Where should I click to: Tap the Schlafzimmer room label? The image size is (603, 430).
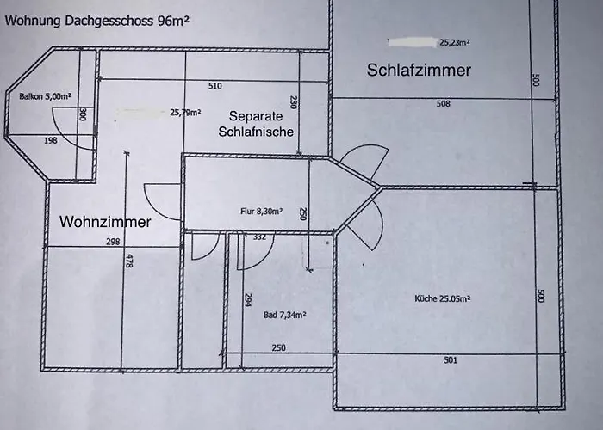click(x=419, y=71)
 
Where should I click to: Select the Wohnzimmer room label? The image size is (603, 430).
click(x=105, y=222)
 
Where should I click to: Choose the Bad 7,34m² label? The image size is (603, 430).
click(x=285, y=315)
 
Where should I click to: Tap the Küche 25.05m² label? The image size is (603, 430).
click(x=442, y=299)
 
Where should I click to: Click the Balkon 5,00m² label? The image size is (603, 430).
click(x=45, y=96)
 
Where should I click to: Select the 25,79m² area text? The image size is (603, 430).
click(x=185, y=112)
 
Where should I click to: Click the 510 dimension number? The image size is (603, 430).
click(x=215, y=86)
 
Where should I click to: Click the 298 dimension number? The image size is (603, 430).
click(x=113, y=243)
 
